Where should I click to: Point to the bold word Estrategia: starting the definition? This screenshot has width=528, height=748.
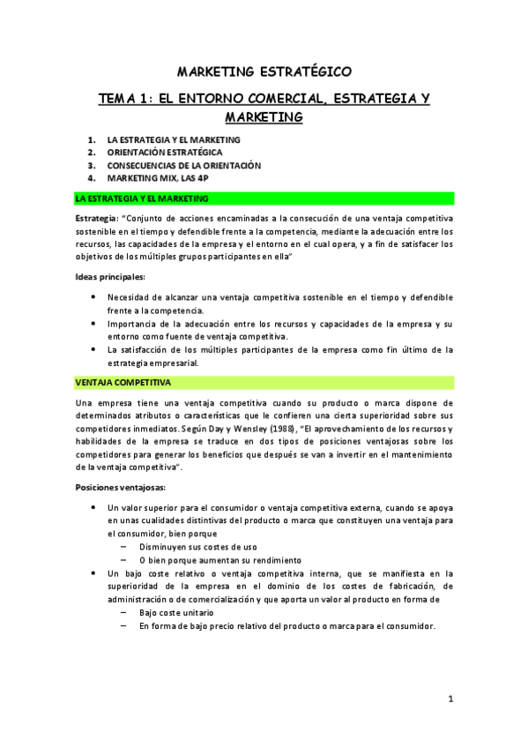97,217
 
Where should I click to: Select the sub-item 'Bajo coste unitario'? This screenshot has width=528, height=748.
175,612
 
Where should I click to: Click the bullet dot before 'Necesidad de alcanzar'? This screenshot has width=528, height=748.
94,297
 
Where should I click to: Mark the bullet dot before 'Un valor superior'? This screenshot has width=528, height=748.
94,508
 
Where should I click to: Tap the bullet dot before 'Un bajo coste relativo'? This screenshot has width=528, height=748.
94,573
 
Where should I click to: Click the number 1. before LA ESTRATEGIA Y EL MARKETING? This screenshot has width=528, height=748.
93,139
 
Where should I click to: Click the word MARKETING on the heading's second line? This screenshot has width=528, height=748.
264,116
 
